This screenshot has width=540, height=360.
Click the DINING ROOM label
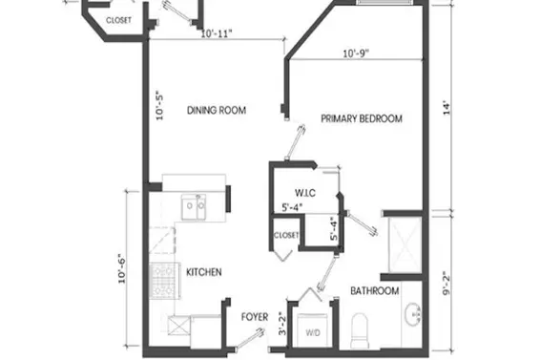click(x=217, y=111)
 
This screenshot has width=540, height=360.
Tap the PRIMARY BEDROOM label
click(x=362, y=118)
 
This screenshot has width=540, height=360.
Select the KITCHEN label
click(x=204, y=272)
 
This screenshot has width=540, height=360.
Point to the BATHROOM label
click(x=375, y=290)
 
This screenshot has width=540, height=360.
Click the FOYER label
click(x=255, y=317)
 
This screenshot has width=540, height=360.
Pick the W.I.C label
click(x=305, y=193)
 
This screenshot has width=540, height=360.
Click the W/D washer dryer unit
click(x=313, y=329)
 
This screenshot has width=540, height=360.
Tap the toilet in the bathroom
click(x=359, y=330)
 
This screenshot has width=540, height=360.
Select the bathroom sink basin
click(x=413, y=314)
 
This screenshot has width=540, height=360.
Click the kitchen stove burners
click(x=165, y=281)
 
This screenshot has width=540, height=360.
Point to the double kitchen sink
click(x=194, y=207)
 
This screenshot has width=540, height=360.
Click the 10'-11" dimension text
click(x=217, y=33)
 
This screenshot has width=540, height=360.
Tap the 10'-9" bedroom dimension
click(x=356, y=53)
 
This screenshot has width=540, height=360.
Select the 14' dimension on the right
click(x=447, y=108)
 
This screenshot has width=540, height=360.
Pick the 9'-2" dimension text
click(x=447, y=285)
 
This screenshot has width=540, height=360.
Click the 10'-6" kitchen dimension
click(x=122, y=268)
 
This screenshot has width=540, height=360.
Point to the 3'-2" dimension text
click(x=282, y=324)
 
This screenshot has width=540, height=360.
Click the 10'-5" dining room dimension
click(x=159, y=105)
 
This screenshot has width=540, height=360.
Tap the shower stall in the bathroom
click(x=405, y=244)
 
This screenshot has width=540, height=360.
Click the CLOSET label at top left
click(x=119, y=20)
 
